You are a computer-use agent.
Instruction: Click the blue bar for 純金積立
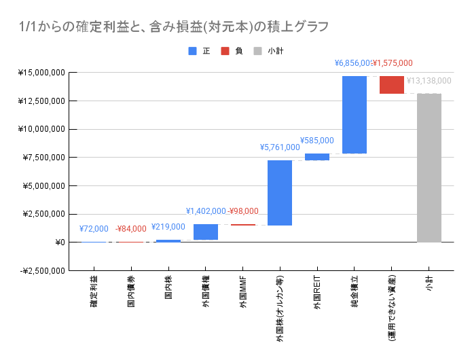(355, 115)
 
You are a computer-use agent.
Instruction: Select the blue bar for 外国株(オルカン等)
(280, 193)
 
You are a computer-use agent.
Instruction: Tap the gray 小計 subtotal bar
(429, 168)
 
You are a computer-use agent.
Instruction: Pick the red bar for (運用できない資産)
(392, 85)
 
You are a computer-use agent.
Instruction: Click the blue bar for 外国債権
(205, 232)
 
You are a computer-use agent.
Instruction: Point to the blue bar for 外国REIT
(317, 157)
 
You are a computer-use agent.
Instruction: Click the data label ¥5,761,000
(280, 147)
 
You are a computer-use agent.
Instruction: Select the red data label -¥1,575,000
(393, 63)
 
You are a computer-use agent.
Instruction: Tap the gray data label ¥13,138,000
(429, 80)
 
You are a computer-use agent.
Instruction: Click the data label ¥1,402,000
(205, 211)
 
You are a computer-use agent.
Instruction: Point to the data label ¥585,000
(317, 141)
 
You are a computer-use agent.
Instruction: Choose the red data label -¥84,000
(130, 229)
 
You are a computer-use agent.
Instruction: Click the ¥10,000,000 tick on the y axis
(43, 129)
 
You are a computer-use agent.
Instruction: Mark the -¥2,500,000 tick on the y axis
(41, 271)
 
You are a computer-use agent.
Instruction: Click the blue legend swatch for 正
(192, 51)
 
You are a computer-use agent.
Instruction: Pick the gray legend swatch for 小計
(257, 51)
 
